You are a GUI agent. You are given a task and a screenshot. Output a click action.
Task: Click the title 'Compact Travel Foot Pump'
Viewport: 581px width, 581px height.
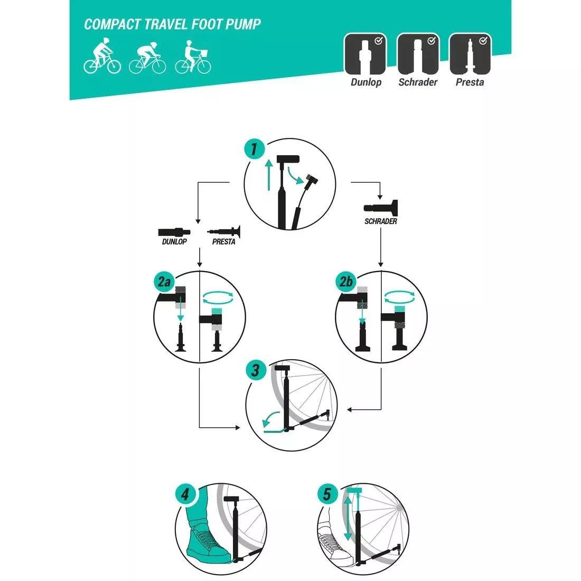173,24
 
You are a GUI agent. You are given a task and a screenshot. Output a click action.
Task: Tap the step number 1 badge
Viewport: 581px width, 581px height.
254,149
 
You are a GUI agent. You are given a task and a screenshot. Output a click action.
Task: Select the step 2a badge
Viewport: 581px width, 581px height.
164,283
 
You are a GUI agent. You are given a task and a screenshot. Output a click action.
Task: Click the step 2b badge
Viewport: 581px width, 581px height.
346,283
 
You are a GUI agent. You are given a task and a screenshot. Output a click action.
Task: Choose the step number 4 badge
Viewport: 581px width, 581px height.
185,495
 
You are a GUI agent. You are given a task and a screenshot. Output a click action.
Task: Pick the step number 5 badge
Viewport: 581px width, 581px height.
327,495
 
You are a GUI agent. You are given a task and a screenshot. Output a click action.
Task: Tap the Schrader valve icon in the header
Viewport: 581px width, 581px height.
418,54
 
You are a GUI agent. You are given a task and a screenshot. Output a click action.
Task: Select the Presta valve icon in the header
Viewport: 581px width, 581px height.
470,54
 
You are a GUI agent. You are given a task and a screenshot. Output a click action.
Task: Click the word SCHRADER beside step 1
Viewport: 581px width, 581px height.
380,222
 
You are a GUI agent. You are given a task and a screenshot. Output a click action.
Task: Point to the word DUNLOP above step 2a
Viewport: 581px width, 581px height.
174,242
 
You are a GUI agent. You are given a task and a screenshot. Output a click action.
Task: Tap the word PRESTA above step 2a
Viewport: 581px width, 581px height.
223,242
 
